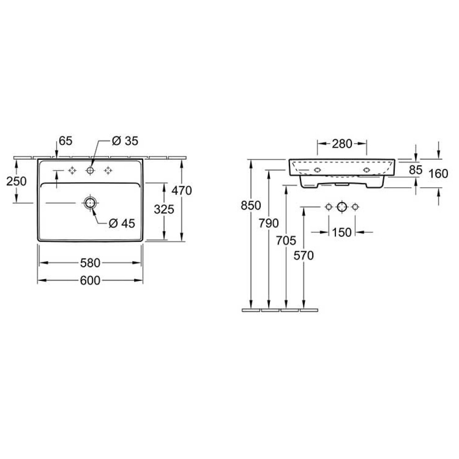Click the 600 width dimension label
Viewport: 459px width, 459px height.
click(90, 280)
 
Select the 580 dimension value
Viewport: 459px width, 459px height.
click(90, 263)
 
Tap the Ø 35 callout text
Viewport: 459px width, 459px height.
click(125, 141)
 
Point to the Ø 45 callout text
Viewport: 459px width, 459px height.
click(122, 224)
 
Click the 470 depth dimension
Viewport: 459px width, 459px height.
click(182, 190)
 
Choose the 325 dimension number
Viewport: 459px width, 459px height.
click(164, 209)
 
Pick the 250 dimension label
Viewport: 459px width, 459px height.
click(17, 181)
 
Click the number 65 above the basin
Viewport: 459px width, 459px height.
click(66, 141)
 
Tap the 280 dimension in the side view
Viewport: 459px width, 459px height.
click(342, 144)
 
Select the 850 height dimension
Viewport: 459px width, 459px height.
click(251, 206)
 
